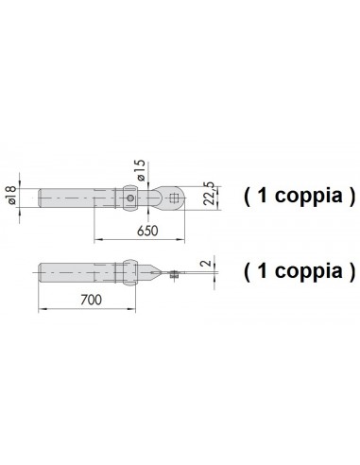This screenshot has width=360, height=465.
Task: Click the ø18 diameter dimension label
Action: point(10,196)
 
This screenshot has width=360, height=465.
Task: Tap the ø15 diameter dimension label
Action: point(141,170)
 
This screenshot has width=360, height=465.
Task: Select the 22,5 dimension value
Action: point(209,194)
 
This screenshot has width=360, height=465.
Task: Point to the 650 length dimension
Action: point(147,231)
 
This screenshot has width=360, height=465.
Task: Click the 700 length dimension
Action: point(91,300)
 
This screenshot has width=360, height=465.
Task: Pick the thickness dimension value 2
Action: point(206,264)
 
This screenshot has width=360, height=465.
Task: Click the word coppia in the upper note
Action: point(309,196)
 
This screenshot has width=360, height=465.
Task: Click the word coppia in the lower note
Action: point(309,271)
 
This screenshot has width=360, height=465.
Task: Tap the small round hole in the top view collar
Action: point(130,198)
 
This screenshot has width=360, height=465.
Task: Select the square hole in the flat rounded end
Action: point(173,198)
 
